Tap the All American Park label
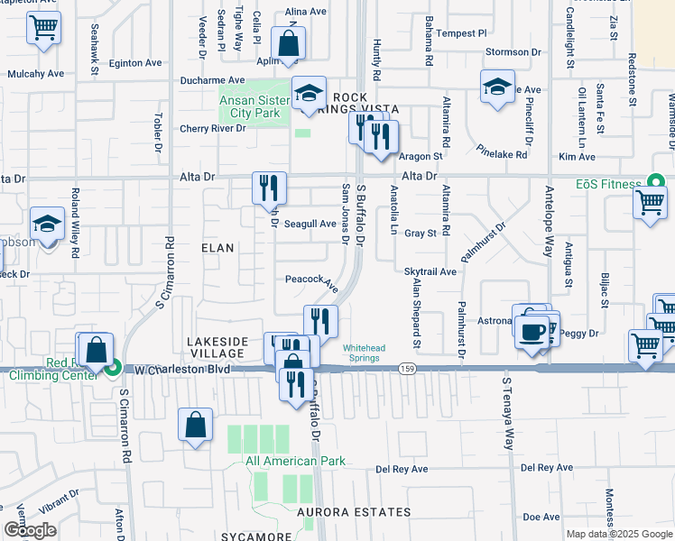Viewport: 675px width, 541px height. [x=296, y=461]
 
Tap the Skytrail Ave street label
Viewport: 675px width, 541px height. [x=431, y=271]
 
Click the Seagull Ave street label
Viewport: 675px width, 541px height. [x=310, y=224]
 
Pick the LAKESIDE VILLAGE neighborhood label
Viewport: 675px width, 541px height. [x=217, y=347]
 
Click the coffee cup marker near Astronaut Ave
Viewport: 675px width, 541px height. [x=532, y=330]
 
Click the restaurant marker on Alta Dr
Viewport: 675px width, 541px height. [x=269, y=188]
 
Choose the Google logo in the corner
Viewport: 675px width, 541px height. [x=31, y=531]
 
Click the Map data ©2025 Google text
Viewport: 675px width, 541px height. [x=618, y=534]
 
